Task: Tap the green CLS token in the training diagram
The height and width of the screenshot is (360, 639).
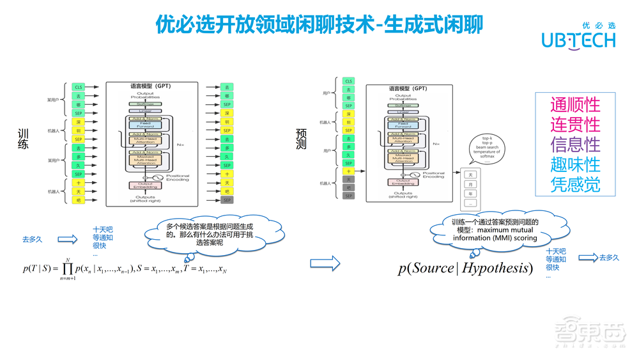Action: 79,86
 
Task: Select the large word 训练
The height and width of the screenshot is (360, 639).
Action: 24,140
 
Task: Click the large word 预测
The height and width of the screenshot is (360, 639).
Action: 302,140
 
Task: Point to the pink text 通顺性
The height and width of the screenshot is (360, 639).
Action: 575,104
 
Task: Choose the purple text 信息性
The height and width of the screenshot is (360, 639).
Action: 575,144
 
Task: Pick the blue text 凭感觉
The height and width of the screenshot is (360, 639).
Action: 575,184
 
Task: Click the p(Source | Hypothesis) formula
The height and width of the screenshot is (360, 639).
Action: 465,267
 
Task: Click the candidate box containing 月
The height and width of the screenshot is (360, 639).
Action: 471,184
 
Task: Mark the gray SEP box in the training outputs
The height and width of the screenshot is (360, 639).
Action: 226,200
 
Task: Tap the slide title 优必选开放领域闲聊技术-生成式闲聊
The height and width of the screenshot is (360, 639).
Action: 319,24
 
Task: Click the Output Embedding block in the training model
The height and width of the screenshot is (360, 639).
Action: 145,185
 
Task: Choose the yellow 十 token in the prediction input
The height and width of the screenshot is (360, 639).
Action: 348,171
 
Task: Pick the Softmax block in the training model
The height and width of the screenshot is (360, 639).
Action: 145,104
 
